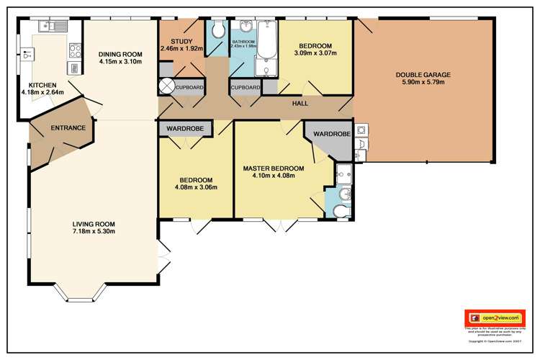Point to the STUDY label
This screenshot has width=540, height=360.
pyautogui.click(x=181, y=42)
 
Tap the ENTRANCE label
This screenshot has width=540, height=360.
pyautogui.click(x=68, y=128)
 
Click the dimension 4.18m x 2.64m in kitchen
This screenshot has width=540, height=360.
pyautogui.click(x=42, y=92)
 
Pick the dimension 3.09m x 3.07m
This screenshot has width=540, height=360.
pyautogui.click(x=315, y=53)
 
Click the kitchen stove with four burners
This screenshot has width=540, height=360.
pyautogui.click(x=74, y=50)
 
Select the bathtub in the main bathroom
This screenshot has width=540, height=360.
pyautogui.click(x=266, y=49)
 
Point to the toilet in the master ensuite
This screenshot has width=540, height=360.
pyautogui.click(x=342, y=209)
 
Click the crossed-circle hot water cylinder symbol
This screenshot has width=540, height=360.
pyautogui.click(x=166, y=87)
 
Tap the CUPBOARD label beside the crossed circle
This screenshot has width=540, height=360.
pyautogui.click(x=190, y=87)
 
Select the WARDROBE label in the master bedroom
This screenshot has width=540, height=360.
pyautogui.click(x=332, y=134)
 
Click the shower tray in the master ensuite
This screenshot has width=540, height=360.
pyautogui.click(x=343, y=173)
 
